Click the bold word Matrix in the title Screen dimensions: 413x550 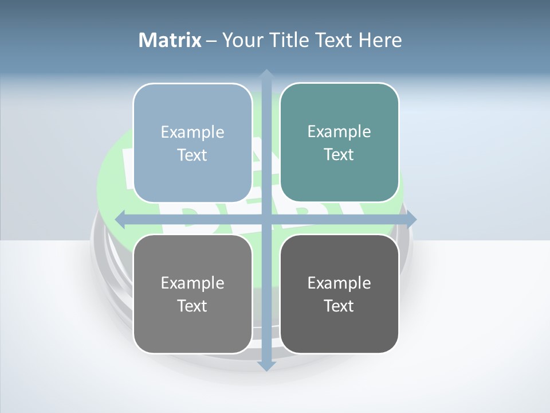pyautogui.click(x=170, y=40)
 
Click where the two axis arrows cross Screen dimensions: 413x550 pyautogui.click(x=266, y=219)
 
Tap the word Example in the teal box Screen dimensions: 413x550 pyautogui.click(x=339, y=131)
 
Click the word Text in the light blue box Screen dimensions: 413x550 pyautogui.click(x=192, y=155)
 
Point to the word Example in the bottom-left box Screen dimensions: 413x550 pyautogui.click(x=192, y=283)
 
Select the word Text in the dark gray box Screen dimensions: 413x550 pyautogui.click(x=339, y=306)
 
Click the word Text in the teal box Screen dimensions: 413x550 pyautogui.click(x=339, y=155)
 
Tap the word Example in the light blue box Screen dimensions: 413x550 pyautogui.click(x=192, y=132)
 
